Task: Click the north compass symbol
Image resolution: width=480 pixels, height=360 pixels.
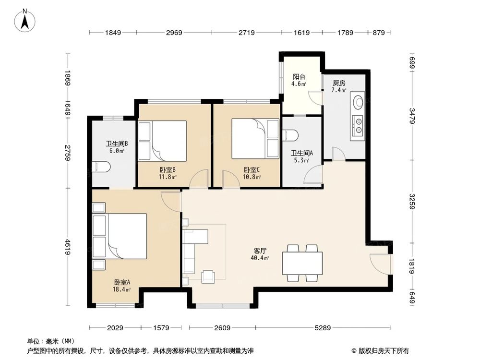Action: (x=25, y=20)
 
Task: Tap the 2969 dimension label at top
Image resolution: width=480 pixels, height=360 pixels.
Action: (x=174, y=33)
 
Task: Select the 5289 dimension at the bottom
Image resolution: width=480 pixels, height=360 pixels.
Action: (x=323, y=328)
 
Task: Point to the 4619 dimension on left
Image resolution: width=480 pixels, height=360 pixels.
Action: (x=68, y=247)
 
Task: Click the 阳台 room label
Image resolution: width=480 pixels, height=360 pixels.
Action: (x=299, y=77)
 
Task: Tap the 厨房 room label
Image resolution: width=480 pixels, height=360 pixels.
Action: (x=339, y=83)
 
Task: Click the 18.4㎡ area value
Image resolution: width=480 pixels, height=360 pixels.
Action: (x=121, y=289)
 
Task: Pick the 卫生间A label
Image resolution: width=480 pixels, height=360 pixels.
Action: (x=301, y=153)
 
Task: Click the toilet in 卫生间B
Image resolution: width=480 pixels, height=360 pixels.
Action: (x=101, y=167)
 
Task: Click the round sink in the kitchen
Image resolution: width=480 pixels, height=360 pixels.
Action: (x=358, y=102)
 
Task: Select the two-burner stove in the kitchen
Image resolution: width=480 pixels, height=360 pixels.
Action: (x=358, y=126)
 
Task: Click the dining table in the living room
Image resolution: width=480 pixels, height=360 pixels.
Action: (x=302, y=263)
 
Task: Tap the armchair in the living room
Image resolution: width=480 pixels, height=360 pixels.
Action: (x=208, y=276)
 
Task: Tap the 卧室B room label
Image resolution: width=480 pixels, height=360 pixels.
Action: (x=167, y=169)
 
